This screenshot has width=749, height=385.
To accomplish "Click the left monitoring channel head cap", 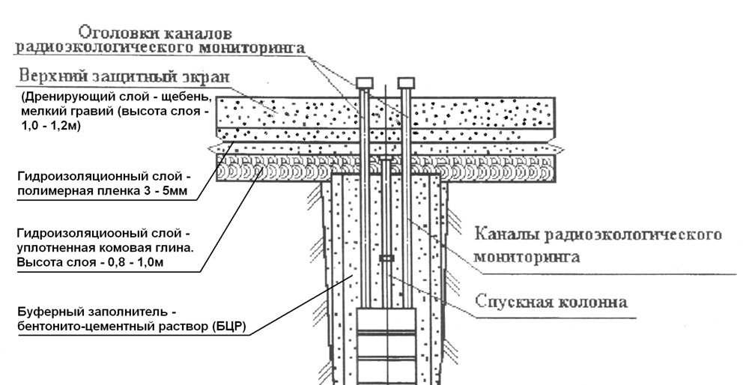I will click(365, 82).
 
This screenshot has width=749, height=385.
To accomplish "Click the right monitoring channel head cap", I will click(406, 82).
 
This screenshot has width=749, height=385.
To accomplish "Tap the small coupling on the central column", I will click(386, 258).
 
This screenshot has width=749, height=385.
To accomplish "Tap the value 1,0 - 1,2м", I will click(50, 128).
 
